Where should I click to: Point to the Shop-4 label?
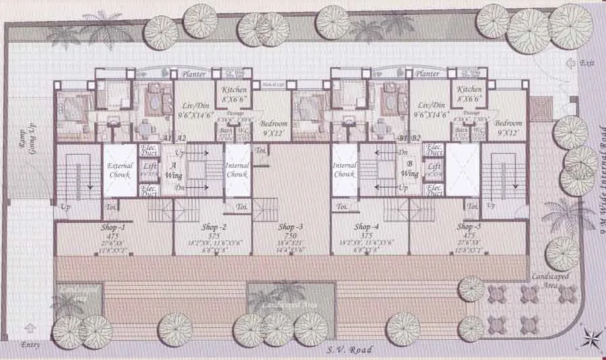367,227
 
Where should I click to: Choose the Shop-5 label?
469,227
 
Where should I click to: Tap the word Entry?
30,345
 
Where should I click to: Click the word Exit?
587,63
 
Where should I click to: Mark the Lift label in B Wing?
434,166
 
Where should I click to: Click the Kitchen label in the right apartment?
469,89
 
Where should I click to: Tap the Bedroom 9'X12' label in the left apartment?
274,128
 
